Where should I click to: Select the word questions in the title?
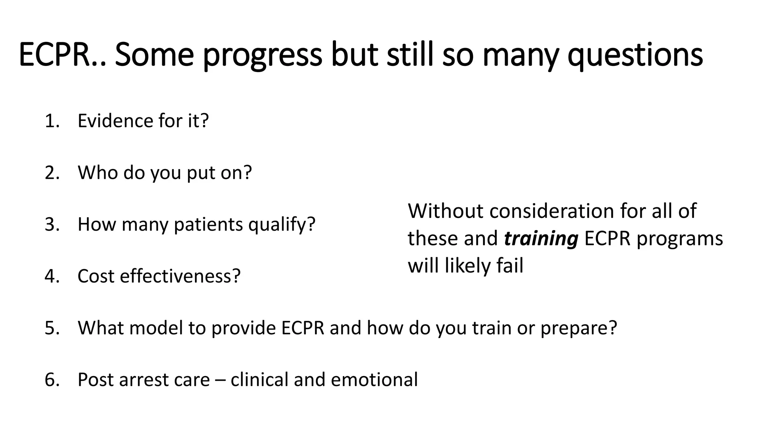click(635, 56)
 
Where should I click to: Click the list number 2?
click(52, 173)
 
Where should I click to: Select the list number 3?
click(52, 224)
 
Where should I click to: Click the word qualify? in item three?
click(282, 225)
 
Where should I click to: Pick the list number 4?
click(52, 276)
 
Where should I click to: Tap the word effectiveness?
click(180, 276)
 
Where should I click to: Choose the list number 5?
click(52, 328)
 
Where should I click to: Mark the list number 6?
click(52, 380)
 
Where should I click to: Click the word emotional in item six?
click(374, 380)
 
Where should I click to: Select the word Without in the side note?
click(446, 211)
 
